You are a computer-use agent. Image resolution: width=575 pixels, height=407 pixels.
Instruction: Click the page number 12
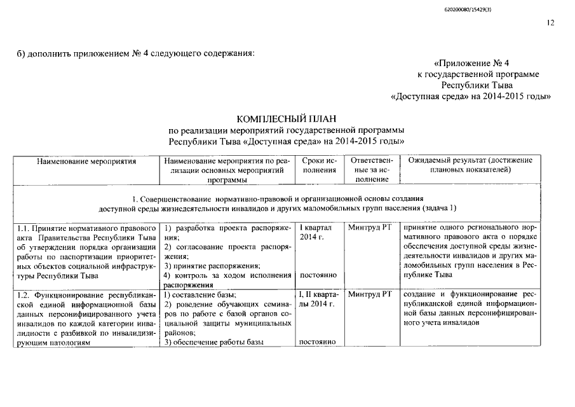pyautogui.click(x=550, y=24)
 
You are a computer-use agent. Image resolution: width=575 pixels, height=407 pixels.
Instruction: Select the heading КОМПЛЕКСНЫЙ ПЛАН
pyautogui.click(x=285, y=119)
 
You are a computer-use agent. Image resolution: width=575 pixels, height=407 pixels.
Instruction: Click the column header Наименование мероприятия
pyautogui.click(x=86, y=162)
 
